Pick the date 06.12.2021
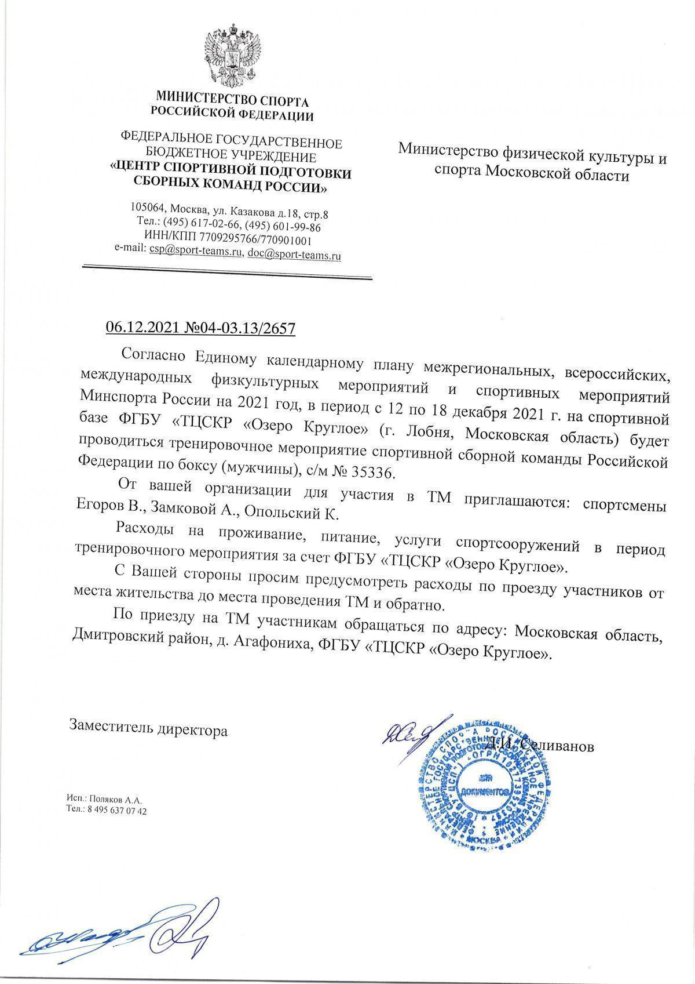pyautogui.click(x=142, y=329)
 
